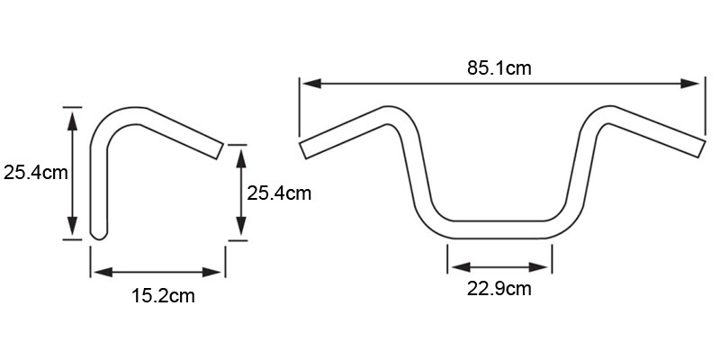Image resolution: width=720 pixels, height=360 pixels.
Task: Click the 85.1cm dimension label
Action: point(499,68)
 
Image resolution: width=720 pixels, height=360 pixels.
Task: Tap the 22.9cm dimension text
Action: point(499,289)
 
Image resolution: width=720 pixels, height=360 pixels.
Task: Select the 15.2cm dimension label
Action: point(163,296)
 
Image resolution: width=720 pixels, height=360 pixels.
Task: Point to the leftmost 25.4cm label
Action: point(36,173)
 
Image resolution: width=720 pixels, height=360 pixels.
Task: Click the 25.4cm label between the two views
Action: point(279,193)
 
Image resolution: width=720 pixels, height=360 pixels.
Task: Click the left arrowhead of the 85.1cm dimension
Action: point(311,84)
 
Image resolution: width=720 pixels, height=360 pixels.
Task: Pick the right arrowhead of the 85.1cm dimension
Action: point(690,84)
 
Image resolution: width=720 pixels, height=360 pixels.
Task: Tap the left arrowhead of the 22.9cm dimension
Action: point(461,267)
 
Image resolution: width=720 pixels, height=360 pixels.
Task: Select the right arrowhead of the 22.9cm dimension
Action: point(538,267)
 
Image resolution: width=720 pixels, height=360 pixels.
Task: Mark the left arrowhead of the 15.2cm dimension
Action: point(103,273)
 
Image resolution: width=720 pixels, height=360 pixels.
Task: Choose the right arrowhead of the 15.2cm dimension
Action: point(211,273)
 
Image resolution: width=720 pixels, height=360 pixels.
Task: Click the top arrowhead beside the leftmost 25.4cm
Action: point(72,121)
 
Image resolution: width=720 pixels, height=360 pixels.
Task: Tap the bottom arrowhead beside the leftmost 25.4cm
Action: point(72,226)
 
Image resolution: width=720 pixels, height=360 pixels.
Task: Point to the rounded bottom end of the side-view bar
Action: point(99,235)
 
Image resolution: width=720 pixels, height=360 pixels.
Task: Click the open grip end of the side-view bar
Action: point(220,151)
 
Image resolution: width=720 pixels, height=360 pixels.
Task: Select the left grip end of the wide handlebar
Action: point(302,150)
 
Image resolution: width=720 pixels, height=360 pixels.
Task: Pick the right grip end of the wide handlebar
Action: point(702,148)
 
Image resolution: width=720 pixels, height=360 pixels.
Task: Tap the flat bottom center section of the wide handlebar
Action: point(499,229)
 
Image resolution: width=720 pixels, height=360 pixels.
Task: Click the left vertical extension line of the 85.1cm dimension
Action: point(300,107)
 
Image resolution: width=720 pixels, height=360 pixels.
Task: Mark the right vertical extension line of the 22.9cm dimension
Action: point(552,259)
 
